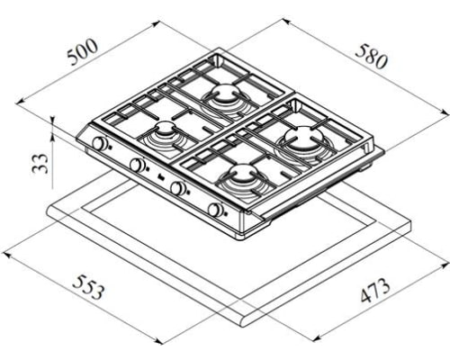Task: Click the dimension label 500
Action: pyautogui.click(x=83, y=52)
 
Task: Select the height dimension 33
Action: pyautogui.click(x=40, y=163)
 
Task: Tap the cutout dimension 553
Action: pyautogui.click(x=89, y=287)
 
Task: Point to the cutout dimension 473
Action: pyautogui.click(x=375, y=291)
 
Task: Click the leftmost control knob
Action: pyautogui.click(x=99, y=143)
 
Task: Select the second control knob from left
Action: pyautogui.click(x=137, y=165)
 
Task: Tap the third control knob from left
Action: pyautogui.click(x=177, y=188)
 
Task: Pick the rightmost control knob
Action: pyautogui.click(x=215, y=210)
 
